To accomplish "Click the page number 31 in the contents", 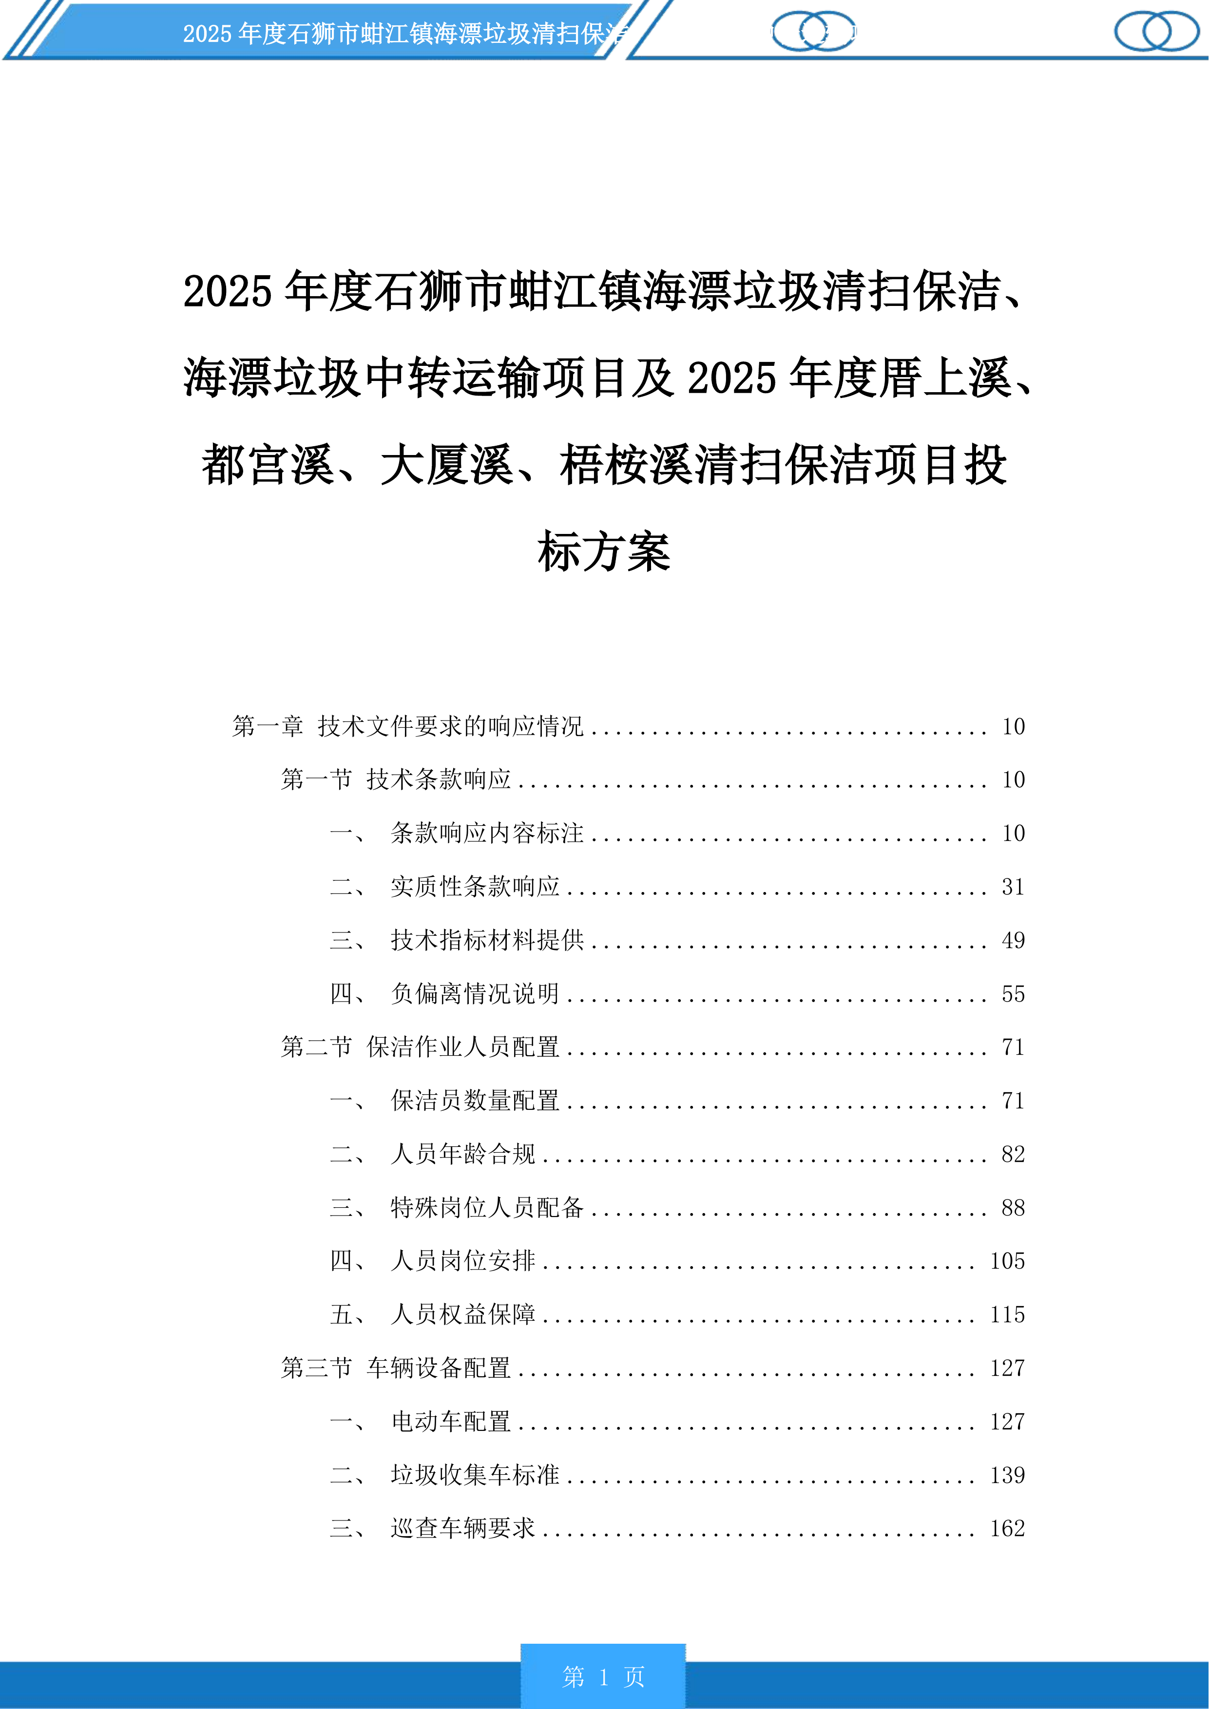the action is pos(1013,887).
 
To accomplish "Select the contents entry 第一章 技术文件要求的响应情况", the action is pos(407,726).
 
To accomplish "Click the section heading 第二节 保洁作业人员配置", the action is pos(420,1047).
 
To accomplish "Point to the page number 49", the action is pos(1013,940).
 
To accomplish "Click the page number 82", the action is pos(1013,1155).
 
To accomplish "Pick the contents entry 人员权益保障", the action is pos(462,1315).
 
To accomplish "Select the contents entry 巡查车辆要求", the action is pos(462,1529).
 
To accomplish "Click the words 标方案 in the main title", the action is pos(604,553).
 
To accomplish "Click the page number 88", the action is pos(1013,1208).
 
